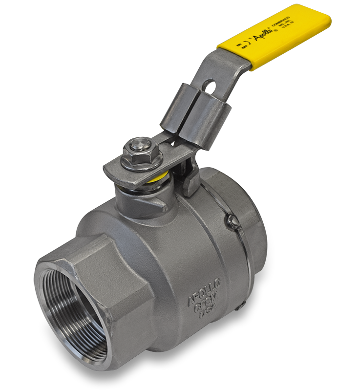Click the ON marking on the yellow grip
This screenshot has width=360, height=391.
[239, 44]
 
